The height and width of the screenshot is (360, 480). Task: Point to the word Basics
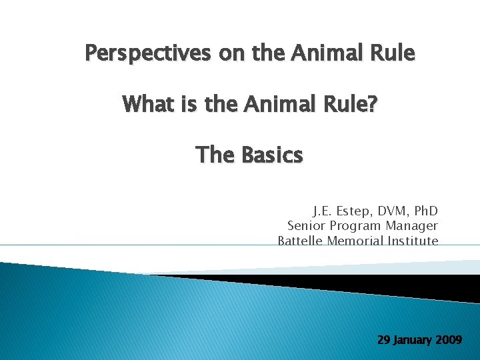pos(271,155)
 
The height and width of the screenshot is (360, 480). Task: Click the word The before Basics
pos(215,155)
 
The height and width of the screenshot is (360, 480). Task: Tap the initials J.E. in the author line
pos(324,211)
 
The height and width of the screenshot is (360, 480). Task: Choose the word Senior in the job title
pos(306,226)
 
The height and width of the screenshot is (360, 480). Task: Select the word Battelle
pos(301,241)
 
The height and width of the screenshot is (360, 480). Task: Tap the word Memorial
pos(354,241)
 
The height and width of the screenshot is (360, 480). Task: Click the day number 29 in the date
pos(384,339)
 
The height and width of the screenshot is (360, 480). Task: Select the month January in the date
pos(413,340)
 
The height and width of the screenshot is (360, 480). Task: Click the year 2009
pos(449,339)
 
